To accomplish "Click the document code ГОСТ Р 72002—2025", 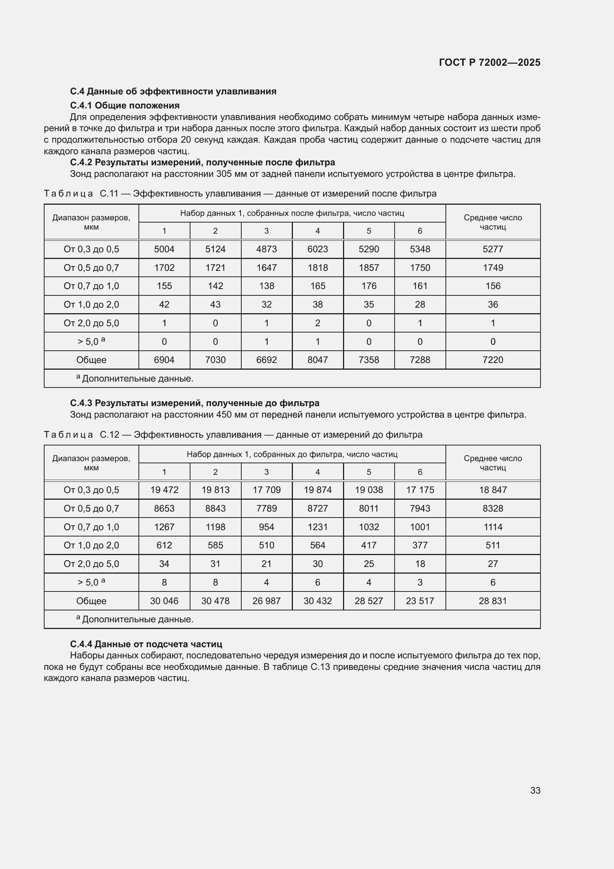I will click(489, 62).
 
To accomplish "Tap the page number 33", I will click(535, 790).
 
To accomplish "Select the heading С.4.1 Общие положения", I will click(125, 105).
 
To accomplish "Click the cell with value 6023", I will click(318, 249).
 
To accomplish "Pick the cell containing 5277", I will click(493, 249).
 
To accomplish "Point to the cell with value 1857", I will click(369, 267).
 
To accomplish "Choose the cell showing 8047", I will click(318, 360).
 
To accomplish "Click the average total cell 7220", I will click(493, 360).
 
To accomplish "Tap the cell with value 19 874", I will click(318, 490).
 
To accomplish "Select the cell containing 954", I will click(267, 527).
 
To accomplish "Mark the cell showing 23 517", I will click(420, 601).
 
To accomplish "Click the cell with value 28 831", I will click(493, 601).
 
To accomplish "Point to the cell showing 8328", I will click(493, 508).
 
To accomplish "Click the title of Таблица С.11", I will click(240, 194).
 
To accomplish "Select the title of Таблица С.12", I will click(233, 435).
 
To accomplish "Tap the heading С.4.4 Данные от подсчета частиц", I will click(146, 644).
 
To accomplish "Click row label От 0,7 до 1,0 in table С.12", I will click(91, 527).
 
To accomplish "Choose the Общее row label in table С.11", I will click(91, 360).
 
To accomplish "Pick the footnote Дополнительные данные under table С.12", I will click(137, 619).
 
